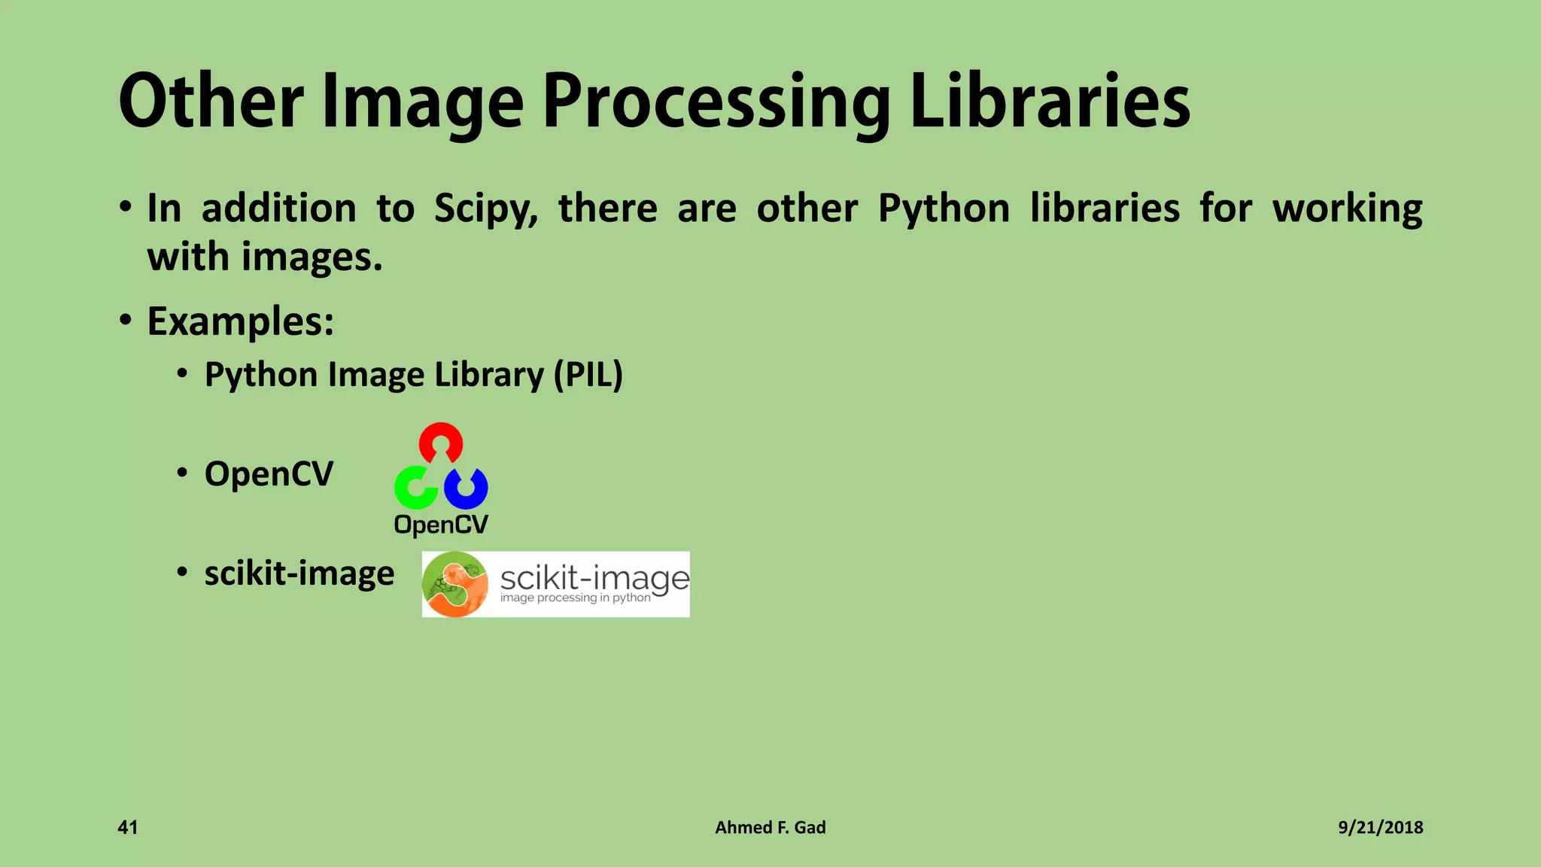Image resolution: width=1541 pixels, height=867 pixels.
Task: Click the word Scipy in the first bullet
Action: pos(485,208)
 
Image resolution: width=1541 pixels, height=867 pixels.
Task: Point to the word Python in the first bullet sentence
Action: pos(944,208)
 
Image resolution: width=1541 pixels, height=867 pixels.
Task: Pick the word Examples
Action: pos(240,321)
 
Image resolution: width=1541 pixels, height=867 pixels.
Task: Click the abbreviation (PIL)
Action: pos(588,375)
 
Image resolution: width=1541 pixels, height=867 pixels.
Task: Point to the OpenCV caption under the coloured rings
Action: pos(441,525)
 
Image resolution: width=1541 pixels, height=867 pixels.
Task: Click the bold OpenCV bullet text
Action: pos(269,474)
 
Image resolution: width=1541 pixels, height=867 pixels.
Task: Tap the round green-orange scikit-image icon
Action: pos(455,585)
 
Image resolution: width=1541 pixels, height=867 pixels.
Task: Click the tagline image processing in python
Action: pos(576,598)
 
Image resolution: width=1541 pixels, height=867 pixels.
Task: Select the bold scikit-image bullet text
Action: pos(299,573)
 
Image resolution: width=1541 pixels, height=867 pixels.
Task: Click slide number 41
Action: pos(128,828)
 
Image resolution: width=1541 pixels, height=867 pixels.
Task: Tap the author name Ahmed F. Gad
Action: pos(770,828)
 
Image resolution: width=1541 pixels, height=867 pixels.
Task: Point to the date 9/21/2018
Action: pos(1380,828)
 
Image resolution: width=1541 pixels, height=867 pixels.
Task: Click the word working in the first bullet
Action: pos(1347,208)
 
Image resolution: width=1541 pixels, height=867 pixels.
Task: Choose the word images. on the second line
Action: pos(312,257)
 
